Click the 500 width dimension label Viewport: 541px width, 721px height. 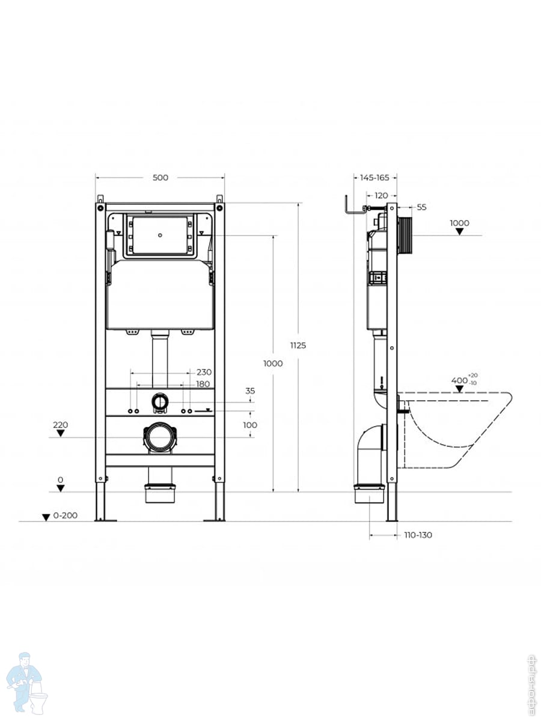(160, 177)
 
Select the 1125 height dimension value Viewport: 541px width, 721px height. (298, 345)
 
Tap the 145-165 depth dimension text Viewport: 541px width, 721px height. (374, 177)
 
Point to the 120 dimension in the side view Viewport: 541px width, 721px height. (381, 195)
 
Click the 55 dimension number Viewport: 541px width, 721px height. (421, 207)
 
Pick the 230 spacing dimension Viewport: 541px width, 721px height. (204, 372)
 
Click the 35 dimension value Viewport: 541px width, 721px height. (250, 391)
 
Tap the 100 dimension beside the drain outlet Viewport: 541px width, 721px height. (250, 425)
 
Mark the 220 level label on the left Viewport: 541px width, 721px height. (60, 425)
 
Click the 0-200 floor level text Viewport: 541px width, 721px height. (66, 516)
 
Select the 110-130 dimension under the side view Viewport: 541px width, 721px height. (418, 535)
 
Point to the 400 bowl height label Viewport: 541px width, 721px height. (460, 380)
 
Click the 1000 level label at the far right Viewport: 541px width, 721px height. (459, 223)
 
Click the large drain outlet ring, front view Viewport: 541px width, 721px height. (160, 437)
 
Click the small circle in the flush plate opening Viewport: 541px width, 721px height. (160, 235)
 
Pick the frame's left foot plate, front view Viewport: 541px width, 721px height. (106, 519)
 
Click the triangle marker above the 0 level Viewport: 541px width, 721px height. (60, 488)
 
